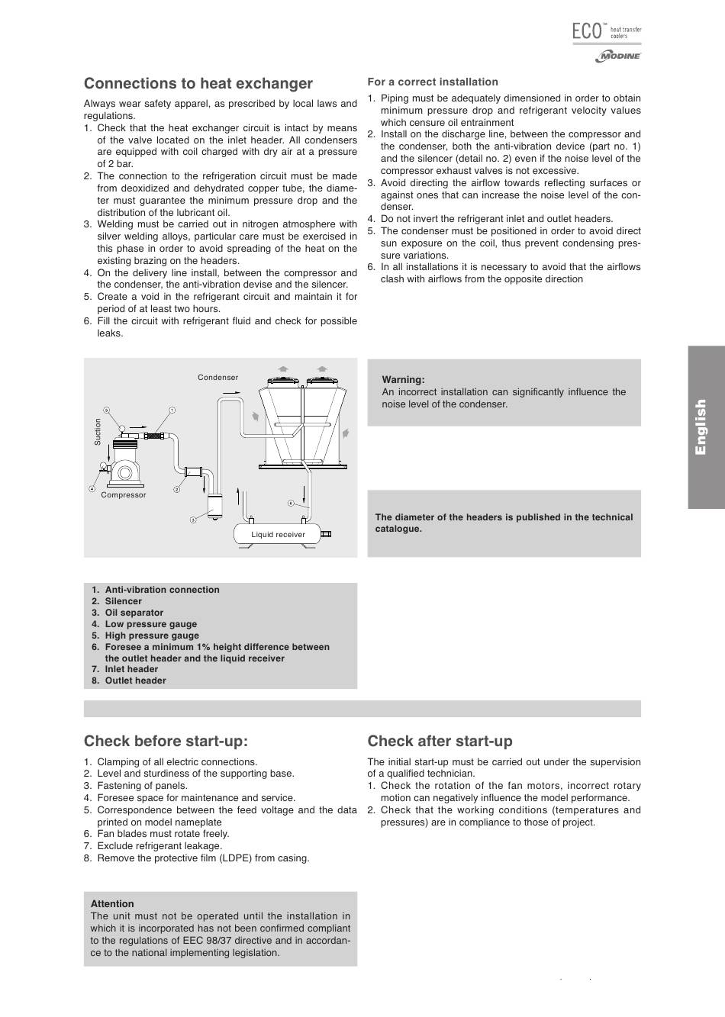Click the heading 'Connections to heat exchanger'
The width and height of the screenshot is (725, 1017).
click(198, 83)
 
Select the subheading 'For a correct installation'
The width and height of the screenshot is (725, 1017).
click(433, 82)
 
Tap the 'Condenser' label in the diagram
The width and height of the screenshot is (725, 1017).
click(217, 377)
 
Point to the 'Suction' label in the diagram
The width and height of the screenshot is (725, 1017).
click(98, 432)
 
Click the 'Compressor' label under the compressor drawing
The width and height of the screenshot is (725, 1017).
click(124, 494)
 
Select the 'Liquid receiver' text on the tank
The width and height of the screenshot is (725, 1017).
click(278, 534)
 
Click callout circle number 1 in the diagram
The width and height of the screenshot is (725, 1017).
click(172, 410)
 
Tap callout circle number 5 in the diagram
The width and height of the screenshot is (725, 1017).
click(107, 410)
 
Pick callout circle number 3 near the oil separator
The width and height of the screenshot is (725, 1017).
click(193, 520)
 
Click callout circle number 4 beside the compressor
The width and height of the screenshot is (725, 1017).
click(92, 488)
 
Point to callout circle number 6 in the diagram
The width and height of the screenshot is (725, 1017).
click(291, 504)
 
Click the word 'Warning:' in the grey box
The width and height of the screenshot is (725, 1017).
click(403, 379)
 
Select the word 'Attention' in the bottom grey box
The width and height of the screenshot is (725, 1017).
click(112, 903)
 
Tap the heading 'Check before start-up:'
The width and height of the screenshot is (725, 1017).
click(166, 741)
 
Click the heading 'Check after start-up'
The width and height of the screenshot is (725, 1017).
click(440, 741)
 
